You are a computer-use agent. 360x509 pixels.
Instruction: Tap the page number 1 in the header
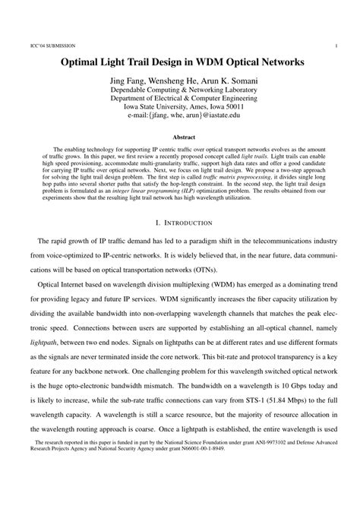tap(335, 45)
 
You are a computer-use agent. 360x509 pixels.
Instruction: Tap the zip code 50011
tap(232, 106)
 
